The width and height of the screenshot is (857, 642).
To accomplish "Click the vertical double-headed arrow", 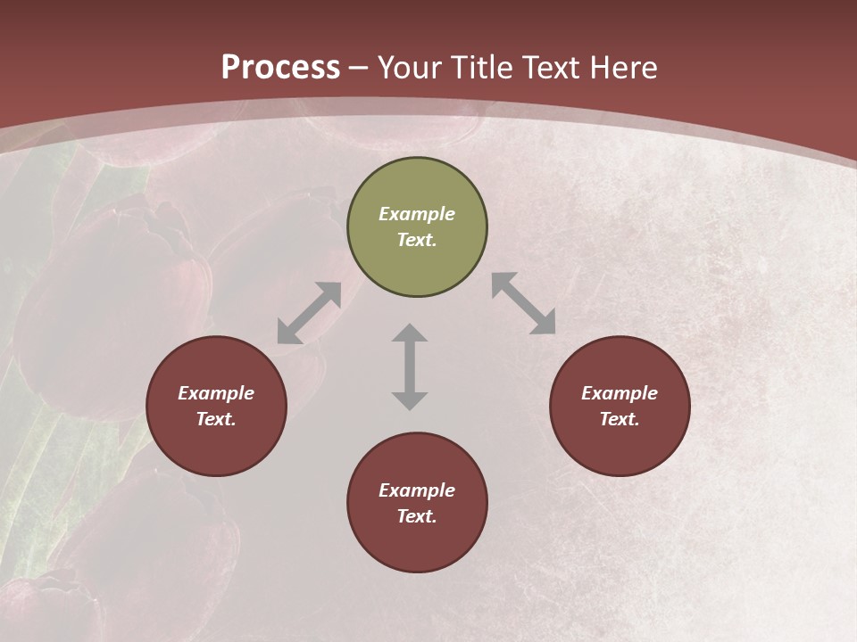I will tap(410, 367).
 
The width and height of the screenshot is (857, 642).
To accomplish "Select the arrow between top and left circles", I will tap(309, 313).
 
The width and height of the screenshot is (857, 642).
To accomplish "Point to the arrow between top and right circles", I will tap(523, 303).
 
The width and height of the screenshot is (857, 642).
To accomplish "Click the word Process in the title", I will tap(280, 68).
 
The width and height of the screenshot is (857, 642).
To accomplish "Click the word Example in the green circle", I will tap(417, 214).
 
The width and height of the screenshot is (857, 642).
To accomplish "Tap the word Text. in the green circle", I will tap(417, 240).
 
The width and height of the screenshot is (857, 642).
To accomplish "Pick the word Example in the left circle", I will tap(216, 393).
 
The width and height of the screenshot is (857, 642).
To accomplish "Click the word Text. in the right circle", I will tap(620, 419).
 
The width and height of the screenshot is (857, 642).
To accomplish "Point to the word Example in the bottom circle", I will tap(417, 490).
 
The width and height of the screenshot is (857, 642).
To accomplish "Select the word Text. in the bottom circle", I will tap(417, 516).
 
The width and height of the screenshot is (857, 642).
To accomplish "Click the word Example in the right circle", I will tap(620, 393).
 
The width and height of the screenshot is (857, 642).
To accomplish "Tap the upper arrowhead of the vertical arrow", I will tap(410, 333).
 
